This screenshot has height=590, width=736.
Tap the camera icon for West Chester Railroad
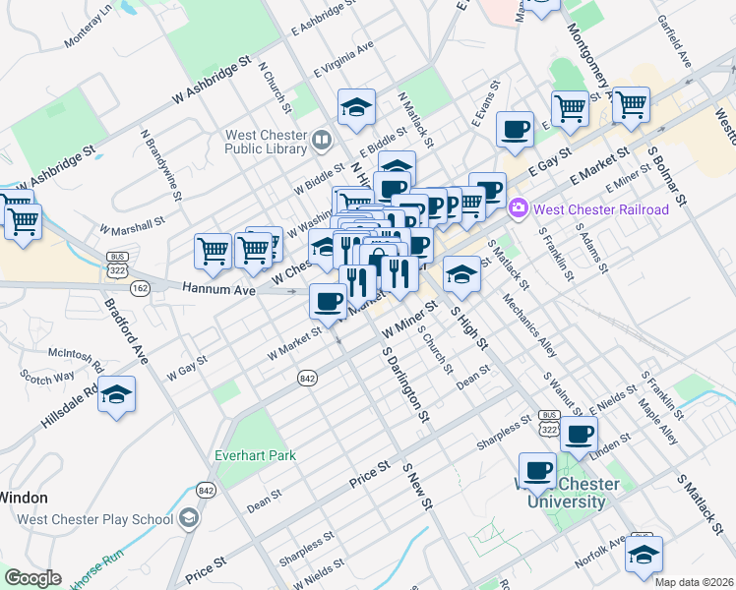[519, 209]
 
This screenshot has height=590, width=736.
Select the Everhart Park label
[256, 456]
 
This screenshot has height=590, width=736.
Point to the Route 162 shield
[139, 287]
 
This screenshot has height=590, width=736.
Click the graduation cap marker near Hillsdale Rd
[117, 395]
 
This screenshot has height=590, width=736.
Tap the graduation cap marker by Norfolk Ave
[644, 556]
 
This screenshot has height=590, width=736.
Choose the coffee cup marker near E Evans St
[514, 130]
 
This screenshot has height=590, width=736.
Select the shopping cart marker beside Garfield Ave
[631, 104]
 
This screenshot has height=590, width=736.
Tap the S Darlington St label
[405, 383]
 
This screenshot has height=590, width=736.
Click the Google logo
[31, 578]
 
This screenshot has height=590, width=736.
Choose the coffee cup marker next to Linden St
[580, 433]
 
